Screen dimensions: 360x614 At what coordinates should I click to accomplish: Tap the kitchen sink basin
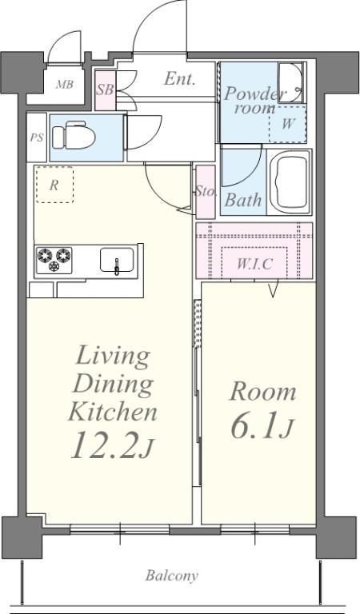117,260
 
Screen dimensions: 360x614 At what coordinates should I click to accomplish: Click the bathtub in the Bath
290,182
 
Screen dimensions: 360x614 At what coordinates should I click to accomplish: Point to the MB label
64,84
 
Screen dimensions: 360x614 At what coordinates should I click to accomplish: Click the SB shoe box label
105,90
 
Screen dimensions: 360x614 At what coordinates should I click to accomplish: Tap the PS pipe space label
37,138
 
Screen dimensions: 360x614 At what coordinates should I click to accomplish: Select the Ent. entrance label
179,79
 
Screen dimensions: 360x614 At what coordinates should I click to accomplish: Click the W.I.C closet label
254,265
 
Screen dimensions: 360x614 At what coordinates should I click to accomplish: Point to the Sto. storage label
206,192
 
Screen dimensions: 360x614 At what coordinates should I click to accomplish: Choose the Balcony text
171,576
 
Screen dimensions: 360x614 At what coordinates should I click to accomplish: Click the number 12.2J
111,445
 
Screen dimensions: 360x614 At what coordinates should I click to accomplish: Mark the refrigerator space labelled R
54,185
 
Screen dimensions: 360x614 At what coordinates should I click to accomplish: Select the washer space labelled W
287,124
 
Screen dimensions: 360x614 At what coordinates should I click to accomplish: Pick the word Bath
243,201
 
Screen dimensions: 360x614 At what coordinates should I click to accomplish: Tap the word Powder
254,94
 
